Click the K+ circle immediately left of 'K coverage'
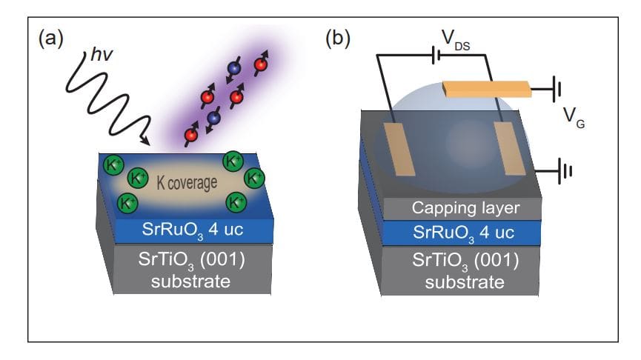click(137, 178)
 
